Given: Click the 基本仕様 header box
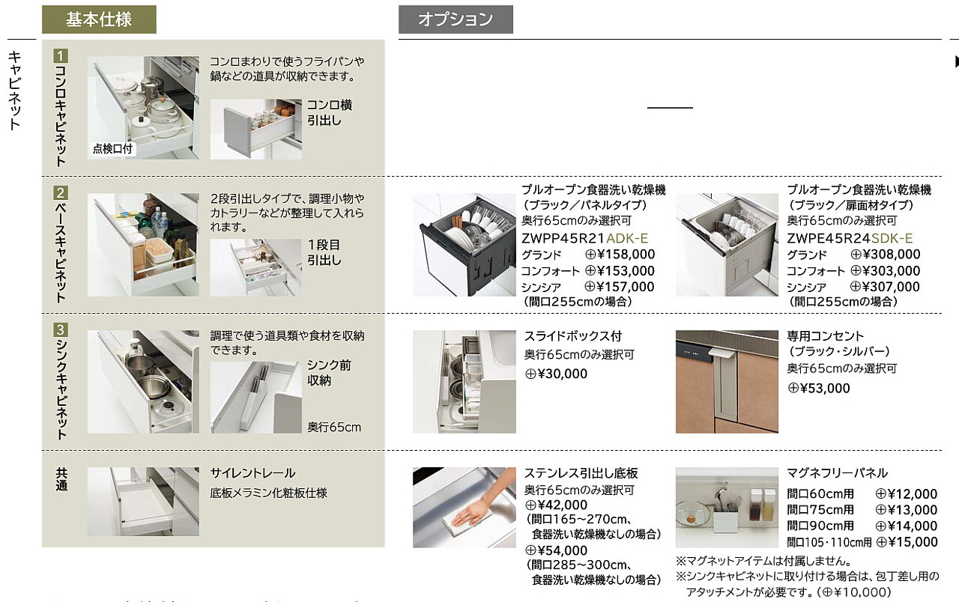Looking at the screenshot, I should coord(99,19).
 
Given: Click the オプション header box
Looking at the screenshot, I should coord(456,19).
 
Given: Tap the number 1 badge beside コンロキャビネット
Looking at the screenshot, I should coord(61,55).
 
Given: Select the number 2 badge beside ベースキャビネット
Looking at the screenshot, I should coord(61,192).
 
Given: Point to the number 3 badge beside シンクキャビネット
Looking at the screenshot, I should coord(61,329).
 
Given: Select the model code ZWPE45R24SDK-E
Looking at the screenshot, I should coord(850,238).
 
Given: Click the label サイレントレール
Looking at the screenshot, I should coord(252,473).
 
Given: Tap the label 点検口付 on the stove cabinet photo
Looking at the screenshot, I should coord(112,148).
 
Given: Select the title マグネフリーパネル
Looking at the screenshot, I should coord(837,473).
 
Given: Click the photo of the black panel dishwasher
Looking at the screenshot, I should coord(465,245).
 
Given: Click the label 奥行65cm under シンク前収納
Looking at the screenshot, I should coord(333,428).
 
